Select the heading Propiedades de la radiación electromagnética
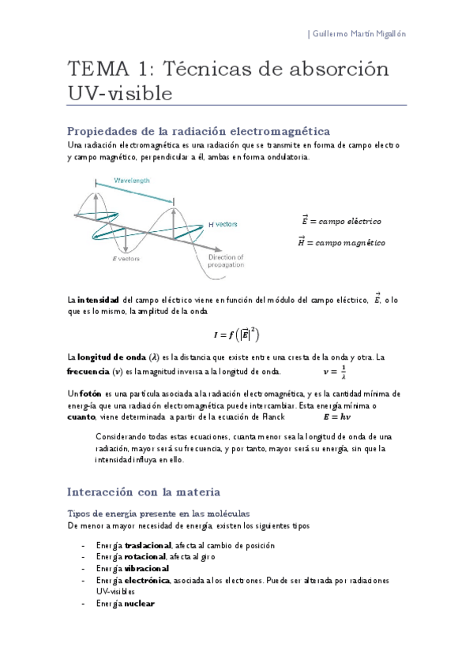[x=198, y=131]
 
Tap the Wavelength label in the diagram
[x=133, y=181]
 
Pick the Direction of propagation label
[x=226, y=261]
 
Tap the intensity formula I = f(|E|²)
[x=238, y=333]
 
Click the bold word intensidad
[x=98, y=300]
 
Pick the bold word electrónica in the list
[x=147, y=580]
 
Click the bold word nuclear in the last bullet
[x=139, y=604]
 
